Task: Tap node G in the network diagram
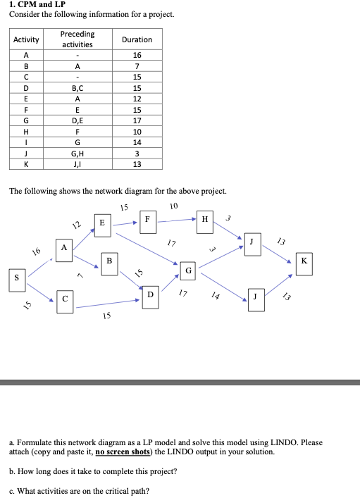pos(187,270)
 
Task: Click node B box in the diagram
pos(108,261)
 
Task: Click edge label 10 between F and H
pos(173,206)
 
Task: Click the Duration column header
pos(137,39)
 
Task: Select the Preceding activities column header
pos(77,39)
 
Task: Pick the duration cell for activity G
pos(137,120)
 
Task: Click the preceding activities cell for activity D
pos(77,88)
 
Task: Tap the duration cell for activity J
pos(137,153)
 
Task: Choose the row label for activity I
pos(27,142)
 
